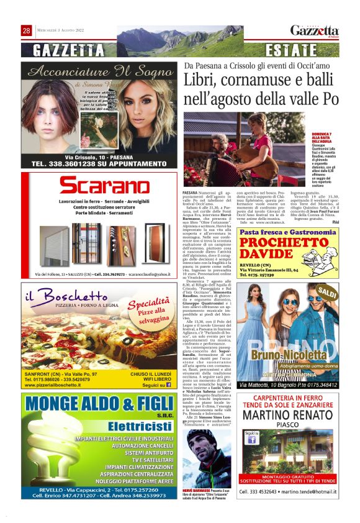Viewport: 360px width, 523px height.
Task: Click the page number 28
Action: (x=27, y=30)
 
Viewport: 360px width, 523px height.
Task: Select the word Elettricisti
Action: (x=135, y=426)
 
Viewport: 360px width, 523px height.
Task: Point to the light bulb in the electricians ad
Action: (x=47, y=456)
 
